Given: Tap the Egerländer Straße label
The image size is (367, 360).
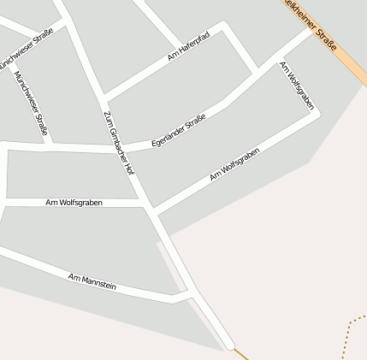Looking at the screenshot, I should click(x=178, y=130).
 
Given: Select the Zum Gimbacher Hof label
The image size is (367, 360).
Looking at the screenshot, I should click(x=118, y=142).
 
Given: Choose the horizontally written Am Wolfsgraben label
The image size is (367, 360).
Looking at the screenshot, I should click(x=74, y=203).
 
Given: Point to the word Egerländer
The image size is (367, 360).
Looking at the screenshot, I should click(x=168, y=135).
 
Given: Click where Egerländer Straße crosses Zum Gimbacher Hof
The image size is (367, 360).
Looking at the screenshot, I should click(x=117, y=148).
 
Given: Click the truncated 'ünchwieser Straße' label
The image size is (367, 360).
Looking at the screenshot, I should click(x=33, y=46).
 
